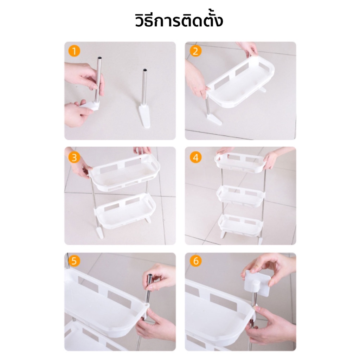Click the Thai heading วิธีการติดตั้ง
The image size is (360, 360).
pos(179,21)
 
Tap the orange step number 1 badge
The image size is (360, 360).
pos(74,51)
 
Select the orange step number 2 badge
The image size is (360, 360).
pos(195,51)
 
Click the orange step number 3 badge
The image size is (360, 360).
pos(74,157)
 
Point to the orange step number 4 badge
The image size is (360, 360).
pos(195,157)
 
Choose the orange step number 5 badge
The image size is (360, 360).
pos(74,261)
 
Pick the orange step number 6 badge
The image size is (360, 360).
pos(195,261)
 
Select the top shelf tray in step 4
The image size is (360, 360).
pos(240,162)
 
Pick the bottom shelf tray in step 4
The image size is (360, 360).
pos(240,224)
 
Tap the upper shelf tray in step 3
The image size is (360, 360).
pos(124,172)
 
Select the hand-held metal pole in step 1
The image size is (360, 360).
pos(98,79)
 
